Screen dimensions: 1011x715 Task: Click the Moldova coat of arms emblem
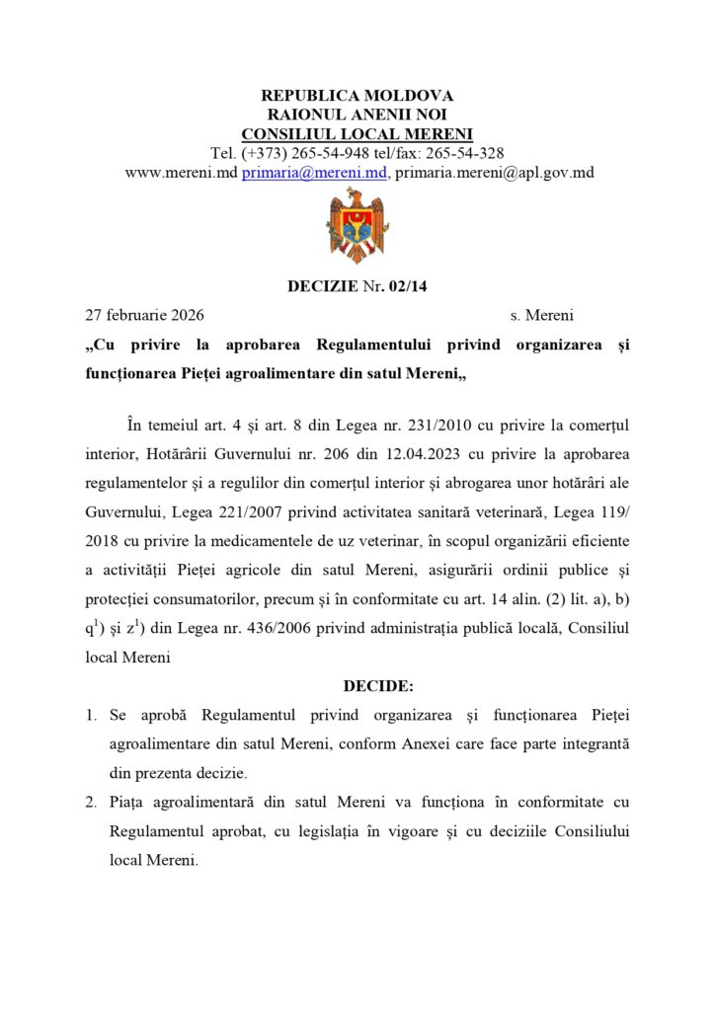click(x=357, y=225)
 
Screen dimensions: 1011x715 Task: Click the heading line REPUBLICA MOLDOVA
click(x=357, y=96)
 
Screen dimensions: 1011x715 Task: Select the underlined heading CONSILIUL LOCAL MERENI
click(x=357, y=134)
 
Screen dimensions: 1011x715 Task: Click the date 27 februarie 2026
click(x=144, y=316)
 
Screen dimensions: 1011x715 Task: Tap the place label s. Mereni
click(x=541, y=316)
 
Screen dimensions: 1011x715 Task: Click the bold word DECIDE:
click(x=378, y=685)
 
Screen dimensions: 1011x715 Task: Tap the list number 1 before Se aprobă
click(x=90, y=714)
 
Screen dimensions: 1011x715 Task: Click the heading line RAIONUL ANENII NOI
click(x=357, y=116)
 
